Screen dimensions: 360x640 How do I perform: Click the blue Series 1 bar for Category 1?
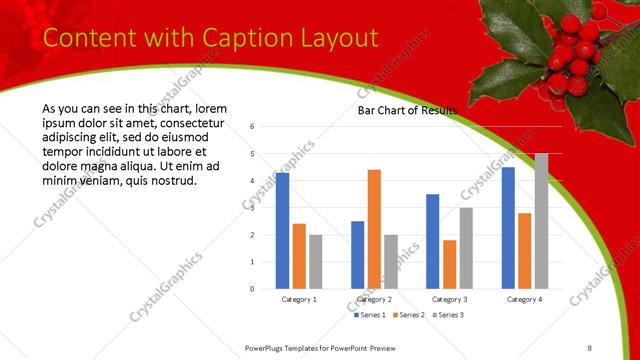282,230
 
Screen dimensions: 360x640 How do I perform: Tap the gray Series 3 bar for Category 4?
541,221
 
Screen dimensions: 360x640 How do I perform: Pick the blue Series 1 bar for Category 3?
432,241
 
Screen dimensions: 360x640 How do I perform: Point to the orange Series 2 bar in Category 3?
449,264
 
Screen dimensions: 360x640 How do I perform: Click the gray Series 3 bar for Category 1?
316,261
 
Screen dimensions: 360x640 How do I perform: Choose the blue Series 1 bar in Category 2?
357,254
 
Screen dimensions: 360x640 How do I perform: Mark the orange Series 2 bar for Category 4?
524,250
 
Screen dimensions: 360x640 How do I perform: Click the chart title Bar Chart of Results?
407,111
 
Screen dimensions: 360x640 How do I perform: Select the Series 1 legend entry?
372,315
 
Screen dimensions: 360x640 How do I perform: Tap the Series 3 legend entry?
447,315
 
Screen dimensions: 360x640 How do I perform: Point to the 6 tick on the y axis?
253,127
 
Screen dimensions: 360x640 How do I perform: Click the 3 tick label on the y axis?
253,208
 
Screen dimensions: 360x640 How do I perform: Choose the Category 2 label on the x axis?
374,299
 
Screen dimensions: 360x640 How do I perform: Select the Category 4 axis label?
523,299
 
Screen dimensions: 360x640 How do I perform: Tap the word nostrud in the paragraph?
174,180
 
